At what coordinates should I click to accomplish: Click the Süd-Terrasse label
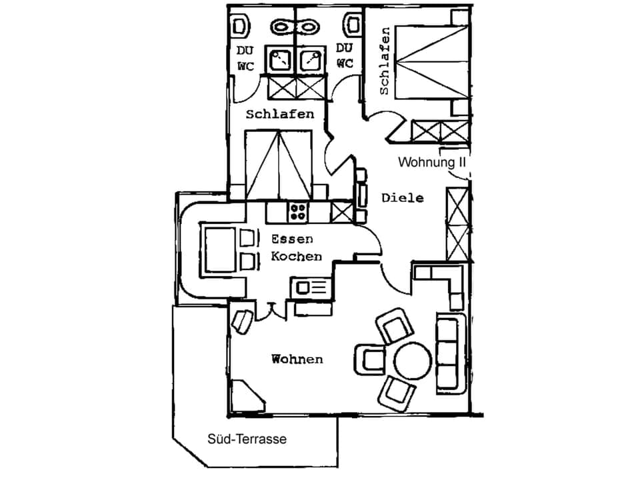pyautogui.click(x=247, y=439)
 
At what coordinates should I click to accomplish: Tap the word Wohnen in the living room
pyautogui.click(x=297, y=359)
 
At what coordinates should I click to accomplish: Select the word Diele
pyautogui.click(x=403, y=198)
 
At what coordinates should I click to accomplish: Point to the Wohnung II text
pyautogui.click(x=431, y=162)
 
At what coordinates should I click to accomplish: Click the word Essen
pyautogui.click(x=292, y=239)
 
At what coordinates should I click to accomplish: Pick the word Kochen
pyautogui.click(x=296, y=256)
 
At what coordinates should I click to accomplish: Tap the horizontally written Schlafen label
pyautogui.click(x=279, y=114)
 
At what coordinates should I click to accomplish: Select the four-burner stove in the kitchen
pyautogui.click(x=297, y=213)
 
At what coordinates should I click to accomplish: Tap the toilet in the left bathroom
pyautogui.click(x=240, y=27)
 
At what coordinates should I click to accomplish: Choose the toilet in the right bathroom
pyautogui.click(x=352, y=25)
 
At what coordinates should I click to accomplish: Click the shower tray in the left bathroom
pyautogui.click(x=279, y=60)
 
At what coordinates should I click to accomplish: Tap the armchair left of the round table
pyautogui.click(x=370, y=359)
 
